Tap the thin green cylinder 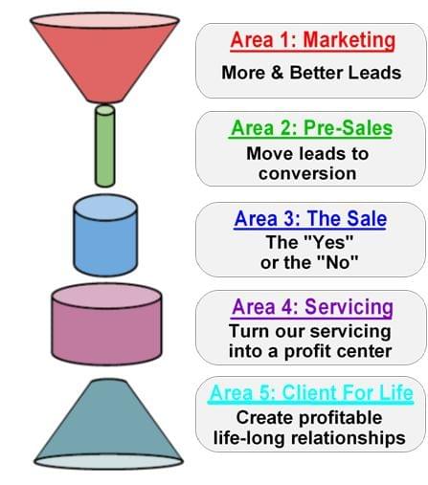105,146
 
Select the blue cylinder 105,235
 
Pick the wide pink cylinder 106,324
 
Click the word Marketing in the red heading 349,41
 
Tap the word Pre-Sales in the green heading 348,128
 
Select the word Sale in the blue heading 367,219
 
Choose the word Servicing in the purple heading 349,307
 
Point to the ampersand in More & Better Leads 278,73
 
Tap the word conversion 307,174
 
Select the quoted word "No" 338,262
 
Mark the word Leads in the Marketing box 374,73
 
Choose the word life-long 249,438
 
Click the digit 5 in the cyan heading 264,393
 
